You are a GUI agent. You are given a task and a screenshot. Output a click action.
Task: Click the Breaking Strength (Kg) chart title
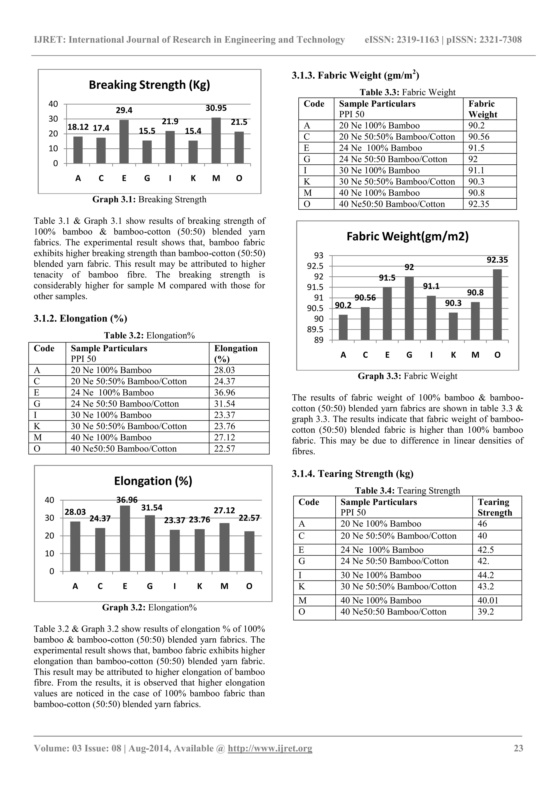149,85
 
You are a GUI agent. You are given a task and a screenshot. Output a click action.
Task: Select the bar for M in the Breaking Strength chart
216,140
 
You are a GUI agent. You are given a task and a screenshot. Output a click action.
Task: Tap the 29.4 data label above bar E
124,110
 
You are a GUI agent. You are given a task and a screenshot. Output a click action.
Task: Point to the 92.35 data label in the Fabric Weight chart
497,260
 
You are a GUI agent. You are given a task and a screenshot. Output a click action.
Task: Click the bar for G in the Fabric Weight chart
409,308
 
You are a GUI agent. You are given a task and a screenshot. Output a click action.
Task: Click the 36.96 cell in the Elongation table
225,392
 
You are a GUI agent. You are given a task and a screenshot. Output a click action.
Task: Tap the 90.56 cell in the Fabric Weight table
479,137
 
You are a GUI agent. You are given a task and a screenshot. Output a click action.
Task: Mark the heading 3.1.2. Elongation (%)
80,318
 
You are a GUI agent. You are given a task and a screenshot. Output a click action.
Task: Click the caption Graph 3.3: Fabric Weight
407,376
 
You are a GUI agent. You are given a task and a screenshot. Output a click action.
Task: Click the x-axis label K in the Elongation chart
199,586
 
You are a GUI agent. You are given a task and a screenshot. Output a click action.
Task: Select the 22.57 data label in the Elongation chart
249,518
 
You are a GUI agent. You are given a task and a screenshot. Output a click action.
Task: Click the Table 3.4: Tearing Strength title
407,491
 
